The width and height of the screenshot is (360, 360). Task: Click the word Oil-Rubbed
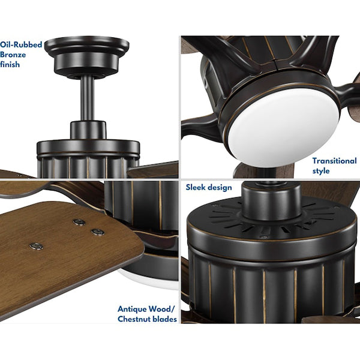pyautogui.click(x=21, y=44)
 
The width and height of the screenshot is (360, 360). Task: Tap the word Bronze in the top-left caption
pyautogui.click(x=13, y=55)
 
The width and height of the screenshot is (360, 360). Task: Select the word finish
pyautogui.click(x=10, y=65)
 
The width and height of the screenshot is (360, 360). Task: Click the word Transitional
pyautogui.click(x=334, y=161)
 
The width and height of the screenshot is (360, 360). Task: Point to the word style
pyautogui.click(x=321, y=171)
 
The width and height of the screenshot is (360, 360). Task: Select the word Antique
pyautogui.click(x=132, y=309)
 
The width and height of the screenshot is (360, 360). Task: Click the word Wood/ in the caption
pyautogui.click(x=161, y=309)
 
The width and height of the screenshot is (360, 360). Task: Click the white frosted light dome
pyautogui.click(x=284, y=127)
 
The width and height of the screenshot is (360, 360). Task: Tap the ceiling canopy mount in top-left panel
pyautogui.click(x=87, y=56)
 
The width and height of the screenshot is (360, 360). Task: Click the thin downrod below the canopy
pyautogui.click(x=87, y=99)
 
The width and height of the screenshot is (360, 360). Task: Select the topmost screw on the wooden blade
pyautogui.click(x=79, y=222)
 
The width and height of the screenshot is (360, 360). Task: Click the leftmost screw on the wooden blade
pyautogui.click(x=36, y=246)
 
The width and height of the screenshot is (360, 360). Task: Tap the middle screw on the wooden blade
pyautogui.click(x=98, y=232)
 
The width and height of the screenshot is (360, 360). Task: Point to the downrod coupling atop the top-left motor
pyautogui.click(x=88, y=130)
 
